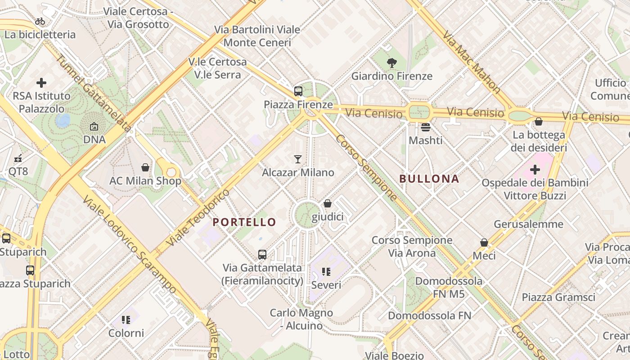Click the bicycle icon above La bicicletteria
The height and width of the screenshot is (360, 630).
[40, 21]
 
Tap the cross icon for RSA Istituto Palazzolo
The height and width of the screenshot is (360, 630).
[41, 83]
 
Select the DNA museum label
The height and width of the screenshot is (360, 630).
[94, 139]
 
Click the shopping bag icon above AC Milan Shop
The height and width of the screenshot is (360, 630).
[145, 167]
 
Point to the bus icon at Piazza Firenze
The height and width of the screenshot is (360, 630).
[298, 91]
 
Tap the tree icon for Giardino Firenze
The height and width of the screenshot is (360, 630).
[392, 63]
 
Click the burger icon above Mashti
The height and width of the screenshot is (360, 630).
[426, 127]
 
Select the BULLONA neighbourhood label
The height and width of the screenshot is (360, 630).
[429, 179]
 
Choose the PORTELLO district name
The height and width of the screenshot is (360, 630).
[244, 222]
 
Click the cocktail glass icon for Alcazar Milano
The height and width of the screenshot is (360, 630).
[298, 159]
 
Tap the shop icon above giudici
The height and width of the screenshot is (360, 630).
[328, 203]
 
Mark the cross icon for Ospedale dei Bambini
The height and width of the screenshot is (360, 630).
[535, 170]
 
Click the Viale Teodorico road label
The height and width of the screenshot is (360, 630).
[198, 217]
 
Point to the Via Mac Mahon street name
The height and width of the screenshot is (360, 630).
[472, 62]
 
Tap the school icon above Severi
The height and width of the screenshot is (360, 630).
[326, 272]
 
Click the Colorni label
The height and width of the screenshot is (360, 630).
[126, 333]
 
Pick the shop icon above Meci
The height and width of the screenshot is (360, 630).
[484, 243]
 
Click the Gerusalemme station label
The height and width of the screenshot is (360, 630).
[528, 224]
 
